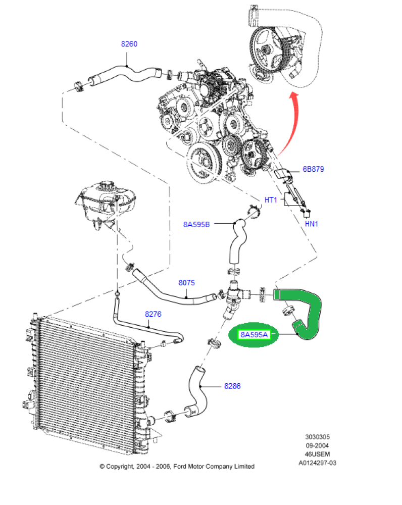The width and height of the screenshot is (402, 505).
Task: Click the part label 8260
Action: [129, 44]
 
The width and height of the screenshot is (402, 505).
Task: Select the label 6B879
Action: [313, 169]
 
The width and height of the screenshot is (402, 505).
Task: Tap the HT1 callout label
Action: [271, 200]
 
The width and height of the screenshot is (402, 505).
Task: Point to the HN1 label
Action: [311, 223]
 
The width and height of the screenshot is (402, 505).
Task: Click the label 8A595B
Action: [196, 224]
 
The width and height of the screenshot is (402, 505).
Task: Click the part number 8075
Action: [186, 283]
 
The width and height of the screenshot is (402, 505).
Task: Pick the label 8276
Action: [153, 314]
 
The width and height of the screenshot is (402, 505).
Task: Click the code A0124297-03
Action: [317, 463]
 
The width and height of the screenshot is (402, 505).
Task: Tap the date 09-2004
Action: [317, 445]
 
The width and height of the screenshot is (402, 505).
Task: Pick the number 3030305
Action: [317, 437]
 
